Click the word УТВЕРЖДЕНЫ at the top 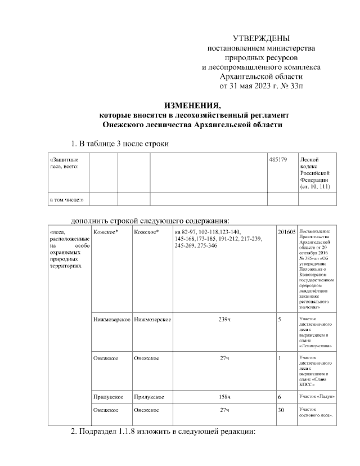[261, 39]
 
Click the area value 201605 [286, 232]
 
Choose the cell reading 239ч [224, 320]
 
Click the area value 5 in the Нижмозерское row [280, 320]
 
